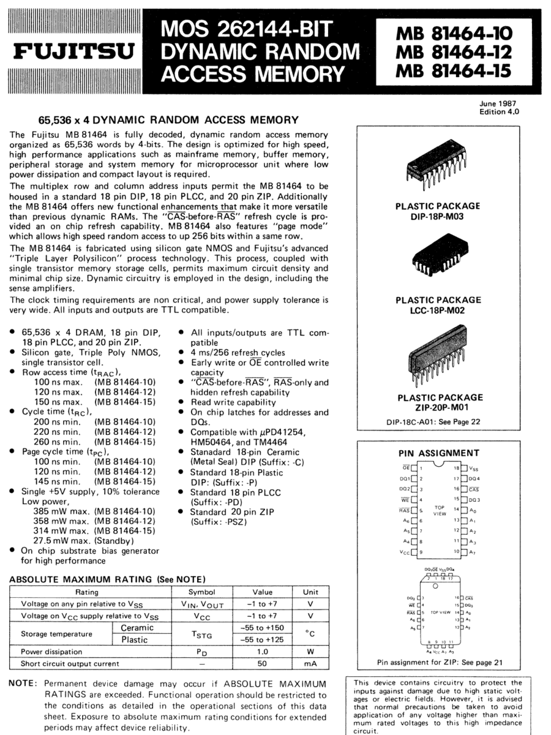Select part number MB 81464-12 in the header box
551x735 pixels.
pos(453,52)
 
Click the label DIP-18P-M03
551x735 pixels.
pos(438,216)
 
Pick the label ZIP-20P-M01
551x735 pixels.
pos(438,407)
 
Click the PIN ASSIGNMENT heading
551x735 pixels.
pos(438,453)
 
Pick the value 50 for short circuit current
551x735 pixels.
pos(262,663)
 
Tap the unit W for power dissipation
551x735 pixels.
pos(311,652)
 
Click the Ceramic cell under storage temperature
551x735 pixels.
pos(137,628)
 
